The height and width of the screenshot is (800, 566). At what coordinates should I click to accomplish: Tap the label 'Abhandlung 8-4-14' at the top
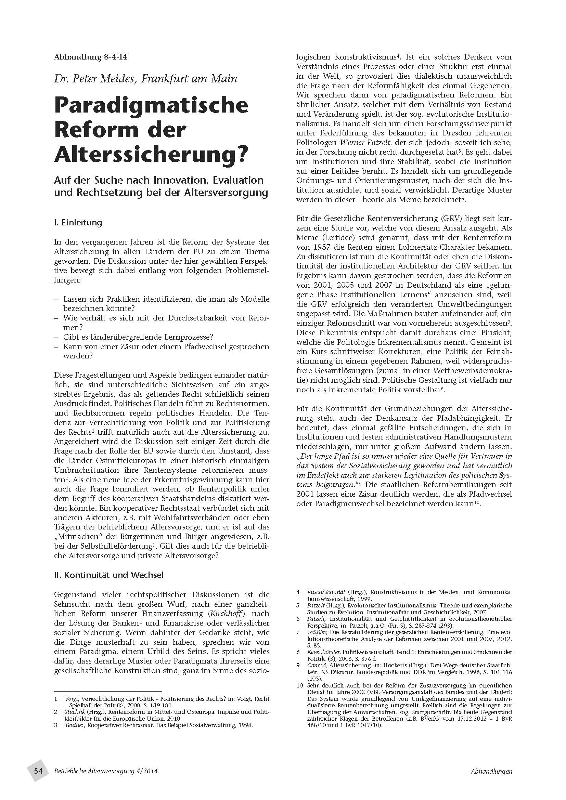coord(91,57)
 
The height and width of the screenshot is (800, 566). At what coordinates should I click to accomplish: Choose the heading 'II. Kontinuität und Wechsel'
coord(109,575)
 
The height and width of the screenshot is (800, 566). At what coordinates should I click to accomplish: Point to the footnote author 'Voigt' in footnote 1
coord(71,699)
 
